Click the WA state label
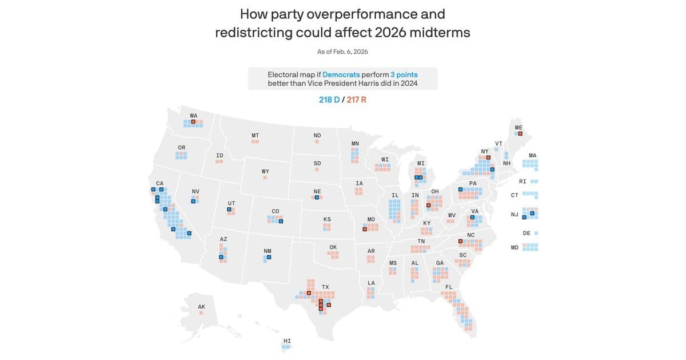tap(194, 115)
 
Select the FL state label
tap(449, 287)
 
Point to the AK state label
tap(201, 307)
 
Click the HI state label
tap(287, 341)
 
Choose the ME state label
tap(519, 127)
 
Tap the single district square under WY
tap(265, 178)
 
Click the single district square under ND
tap(317, 141)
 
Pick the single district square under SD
tap(317, 170)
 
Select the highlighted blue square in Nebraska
tap(317, 197)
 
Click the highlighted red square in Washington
tap(193, 122)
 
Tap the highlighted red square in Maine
tap(520, 134)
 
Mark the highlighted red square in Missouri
tap(365, 230)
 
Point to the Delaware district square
tap(536, 233)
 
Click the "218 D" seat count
tap(329, 100)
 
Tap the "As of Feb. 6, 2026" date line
tap(342, 51)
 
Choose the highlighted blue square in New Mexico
tap(269, 257)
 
